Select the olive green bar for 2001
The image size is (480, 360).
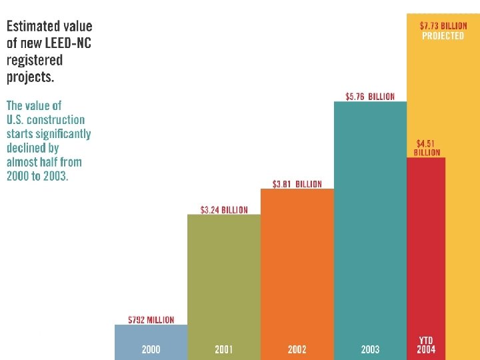[224, 280]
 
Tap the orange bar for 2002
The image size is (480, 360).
[297, 267]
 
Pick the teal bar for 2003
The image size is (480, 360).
[370, 220]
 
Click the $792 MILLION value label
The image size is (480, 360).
[151, 320]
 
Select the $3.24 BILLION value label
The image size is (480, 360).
[224, 210]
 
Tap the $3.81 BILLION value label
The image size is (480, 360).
[297, 184]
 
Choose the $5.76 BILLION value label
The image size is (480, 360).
[370, 97]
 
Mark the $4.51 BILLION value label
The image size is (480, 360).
[427, 147]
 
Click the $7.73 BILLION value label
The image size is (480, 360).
[443, 26]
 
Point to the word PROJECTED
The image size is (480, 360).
[443, 36]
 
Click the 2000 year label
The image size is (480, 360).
[151, 349]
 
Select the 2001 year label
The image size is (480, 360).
[224, 349]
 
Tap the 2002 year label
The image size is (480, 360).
[297, 349]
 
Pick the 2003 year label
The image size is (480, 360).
[370, 349]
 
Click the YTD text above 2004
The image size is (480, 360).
[427, 340]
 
